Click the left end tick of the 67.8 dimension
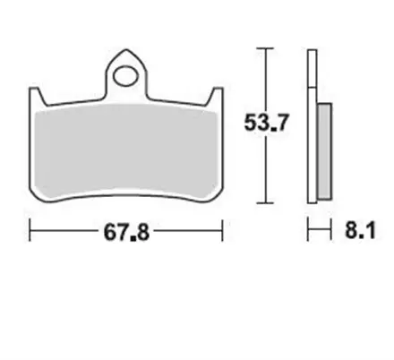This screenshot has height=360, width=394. [30, 233]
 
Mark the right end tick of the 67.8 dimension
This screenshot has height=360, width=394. [221, 233]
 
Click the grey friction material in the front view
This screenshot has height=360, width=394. [125, 148]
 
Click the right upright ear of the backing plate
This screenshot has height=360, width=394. [216, 94]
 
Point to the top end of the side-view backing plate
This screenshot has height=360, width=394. [312, 50]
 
